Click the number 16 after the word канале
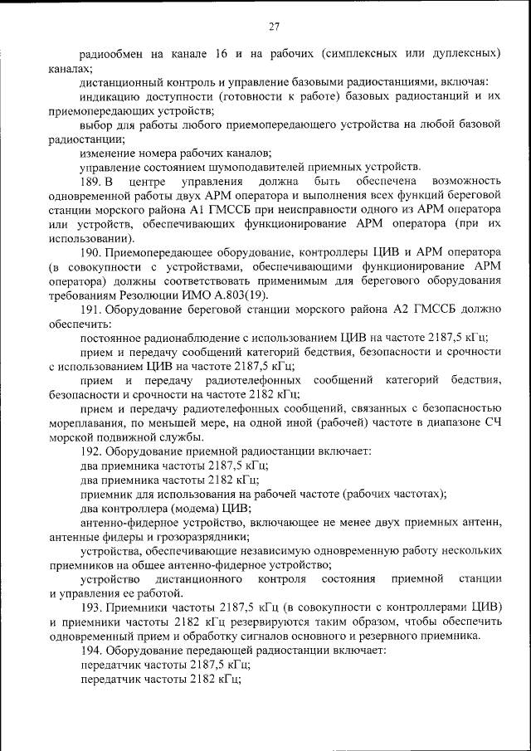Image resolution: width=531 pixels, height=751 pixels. point(222,54)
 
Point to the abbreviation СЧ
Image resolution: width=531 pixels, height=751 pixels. point(493,423)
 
